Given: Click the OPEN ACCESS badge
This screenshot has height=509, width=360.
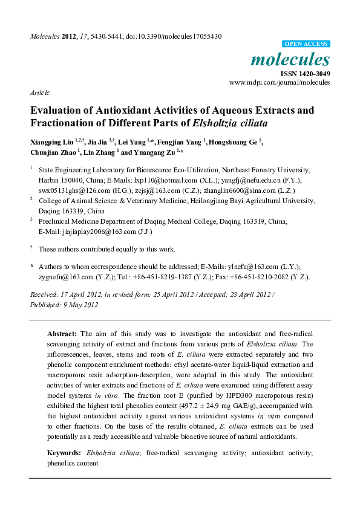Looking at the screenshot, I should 306,44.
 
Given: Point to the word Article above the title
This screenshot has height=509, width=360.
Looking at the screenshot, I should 39,93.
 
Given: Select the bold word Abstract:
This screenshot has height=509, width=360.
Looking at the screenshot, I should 62,334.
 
